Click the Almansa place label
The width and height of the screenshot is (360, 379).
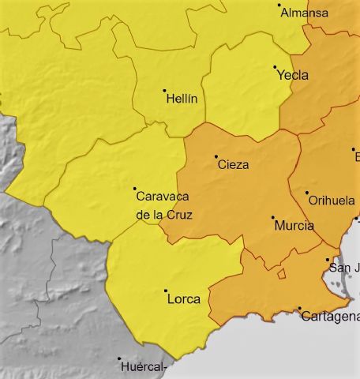pos(305,13)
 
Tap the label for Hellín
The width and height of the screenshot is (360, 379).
pos(182,99)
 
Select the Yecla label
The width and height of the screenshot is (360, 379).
pos(293,76)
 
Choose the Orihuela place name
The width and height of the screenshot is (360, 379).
pos(331,201)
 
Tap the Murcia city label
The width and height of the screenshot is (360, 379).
pos(294,226)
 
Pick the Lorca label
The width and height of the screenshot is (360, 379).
pos(184,299)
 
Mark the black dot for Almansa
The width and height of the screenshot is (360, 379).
pos(279,6)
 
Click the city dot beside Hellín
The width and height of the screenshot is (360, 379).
pos(164,90)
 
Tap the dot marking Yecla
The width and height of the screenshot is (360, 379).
pos(275,67)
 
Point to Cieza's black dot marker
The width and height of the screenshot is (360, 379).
pos(216,156)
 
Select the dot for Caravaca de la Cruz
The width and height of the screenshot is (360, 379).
pos(134,189)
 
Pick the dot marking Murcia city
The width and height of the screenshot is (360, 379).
pos(273,217)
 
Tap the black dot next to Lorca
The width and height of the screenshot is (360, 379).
pos(166,291)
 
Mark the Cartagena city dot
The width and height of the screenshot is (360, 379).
pos(299,308)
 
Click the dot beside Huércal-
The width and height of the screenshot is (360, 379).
pos(119,358)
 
